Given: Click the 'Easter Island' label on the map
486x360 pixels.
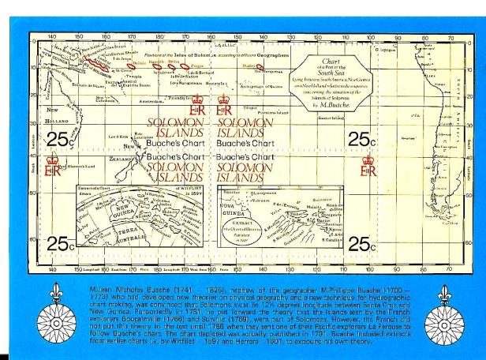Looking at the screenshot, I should pos(331,115).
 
